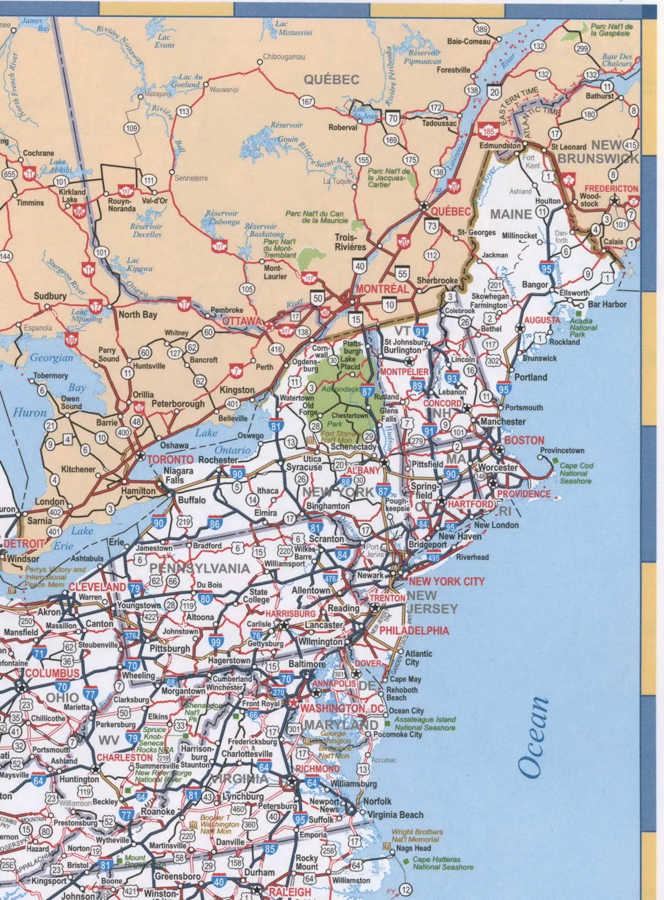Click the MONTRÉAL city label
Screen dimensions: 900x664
click(x=382, y=289)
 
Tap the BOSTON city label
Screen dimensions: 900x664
click(x=524, y=440)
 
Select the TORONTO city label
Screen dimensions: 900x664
click(x=170, y=459)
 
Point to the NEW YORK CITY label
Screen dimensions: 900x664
click(x=447, y=581)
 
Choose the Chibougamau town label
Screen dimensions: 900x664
click(x=283, y=57)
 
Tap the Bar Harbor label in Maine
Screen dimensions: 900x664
click(x=607, y=304)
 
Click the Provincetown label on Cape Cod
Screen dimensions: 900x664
click(x=562, y=450)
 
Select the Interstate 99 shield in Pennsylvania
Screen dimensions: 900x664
click(x=216, y=642)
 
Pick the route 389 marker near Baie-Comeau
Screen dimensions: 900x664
click(x=481, y=29)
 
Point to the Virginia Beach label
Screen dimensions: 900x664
click(x=395, y=815)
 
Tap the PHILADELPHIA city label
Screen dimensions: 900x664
click(x=414, y=631)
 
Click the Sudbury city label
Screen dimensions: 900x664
click(x=50, y=296)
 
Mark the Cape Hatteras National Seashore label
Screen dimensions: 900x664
click(x=442, y=863)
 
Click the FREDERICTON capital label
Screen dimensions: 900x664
click(x=611, y=189)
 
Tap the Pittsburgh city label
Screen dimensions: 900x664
click(x=170, y=648)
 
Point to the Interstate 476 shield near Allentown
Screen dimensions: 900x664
click(x=330, y=579)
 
